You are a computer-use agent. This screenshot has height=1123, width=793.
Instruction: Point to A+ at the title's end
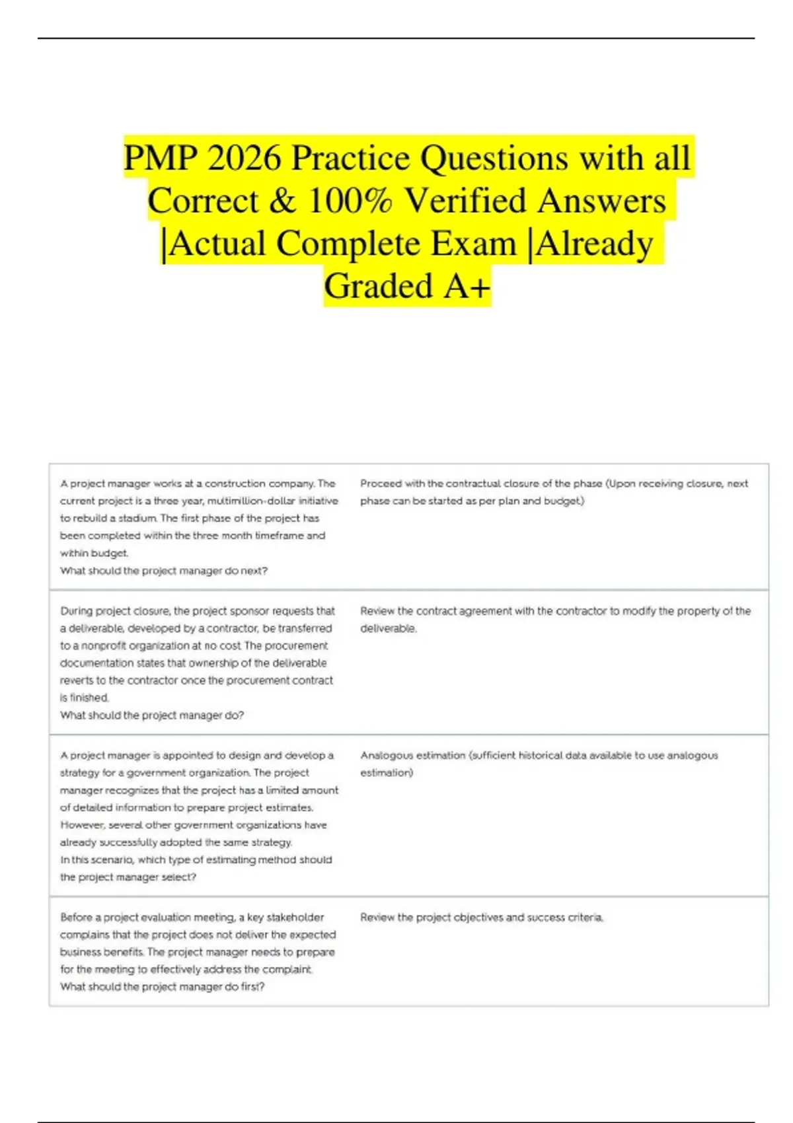[467, 286]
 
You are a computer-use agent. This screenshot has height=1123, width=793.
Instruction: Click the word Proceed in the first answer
[381, 484]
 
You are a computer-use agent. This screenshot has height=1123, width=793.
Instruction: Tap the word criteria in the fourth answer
[585, 917]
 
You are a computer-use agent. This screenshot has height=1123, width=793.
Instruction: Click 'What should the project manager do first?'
[162, 986]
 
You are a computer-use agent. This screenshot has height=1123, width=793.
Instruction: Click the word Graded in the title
[378, 286]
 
